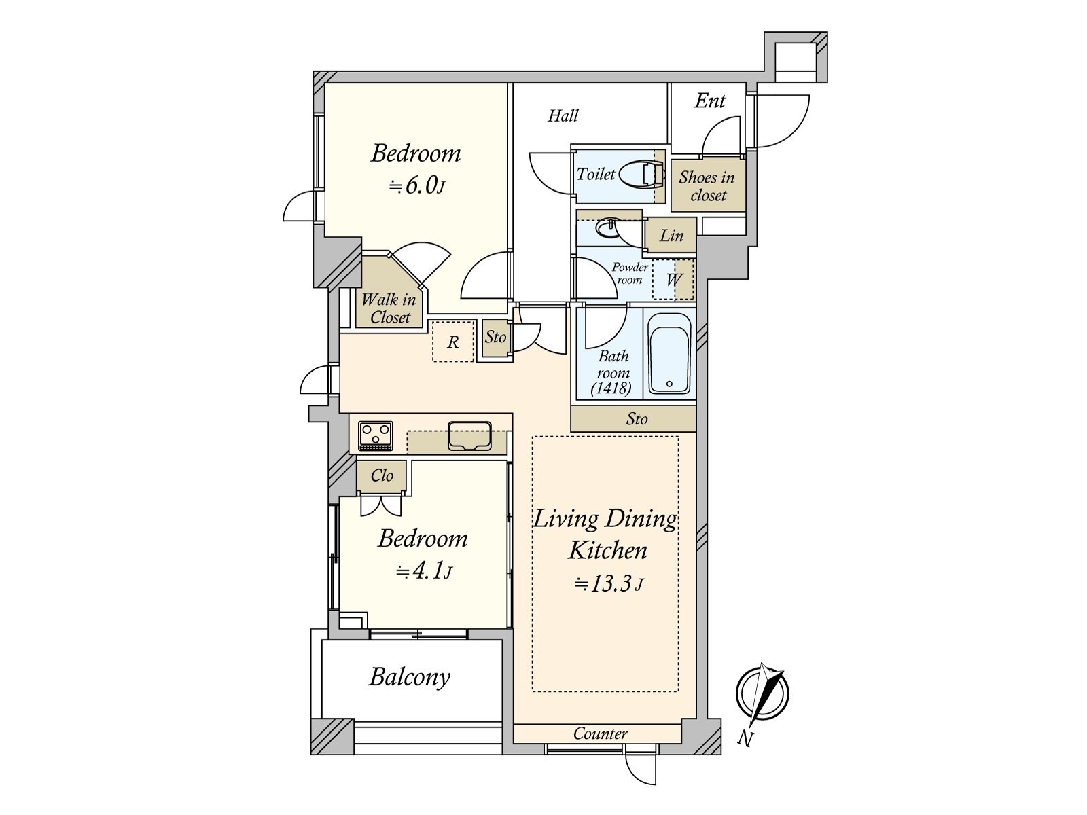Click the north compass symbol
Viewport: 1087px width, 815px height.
tap(762, 693)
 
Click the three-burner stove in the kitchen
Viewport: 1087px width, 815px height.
tap(376, 436)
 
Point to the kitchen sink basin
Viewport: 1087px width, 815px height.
tap(469, 436)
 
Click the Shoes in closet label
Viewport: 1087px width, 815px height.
tap(707, 186)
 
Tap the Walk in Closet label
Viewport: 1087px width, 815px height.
tap(389, 308)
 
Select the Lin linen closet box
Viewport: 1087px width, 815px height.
tap(671, 235)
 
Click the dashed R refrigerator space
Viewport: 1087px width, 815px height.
tap(452, 342)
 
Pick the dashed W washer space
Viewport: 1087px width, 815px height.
tap(673, 280)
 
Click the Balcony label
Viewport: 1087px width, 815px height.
tap(410, 677)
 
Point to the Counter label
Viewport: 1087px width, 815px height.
tap(600, 733)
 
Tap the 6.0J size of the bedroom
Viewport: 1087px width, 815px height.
tap(416, 186)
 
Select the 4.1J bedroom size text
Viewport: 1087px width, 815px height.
tap(423, 572)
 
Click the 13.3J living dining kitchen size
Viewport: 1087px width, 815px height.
tap(608, 584)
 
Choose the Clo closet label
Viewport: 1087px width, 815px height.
tap(382, 475)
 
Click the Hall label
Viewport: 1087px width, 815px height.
tap(563, 115)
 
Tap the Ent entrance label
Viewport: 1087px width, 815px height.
tap(710, 101)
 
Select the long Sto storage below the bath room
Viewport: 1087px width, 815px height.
tap(633, 419)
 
